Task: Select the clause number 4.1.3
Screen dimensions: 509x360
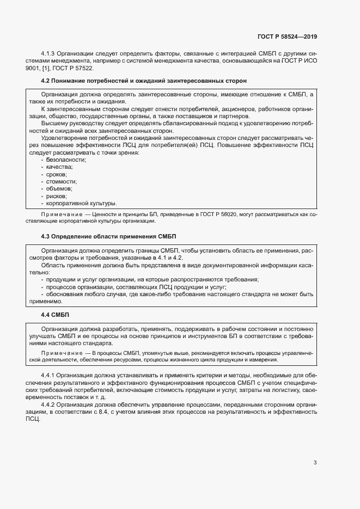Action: [x=50, y=54]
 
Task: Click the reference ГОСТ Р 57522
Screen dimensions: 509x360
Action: [x=75, y=69]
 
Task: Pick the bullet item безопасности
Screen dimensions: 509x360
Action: [x=66, y=160]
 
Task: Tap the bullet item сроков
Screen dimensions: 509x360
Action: [x=58, y=175]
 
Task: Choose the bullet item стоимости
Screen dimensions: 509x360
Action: [x=61, y=182]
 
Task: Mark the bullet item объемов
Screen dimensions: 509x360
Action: [x=59, y=189]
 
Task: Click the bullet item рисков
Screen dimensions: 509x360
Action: [x=57, y=196]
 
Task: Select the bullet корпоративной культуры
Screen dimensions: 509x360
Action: [x=82, y=203]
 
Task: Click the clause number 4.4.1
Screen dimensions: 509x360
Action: [x=50, y=376]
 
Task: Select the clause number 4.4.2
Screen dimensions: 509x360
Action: [x=50, y=404]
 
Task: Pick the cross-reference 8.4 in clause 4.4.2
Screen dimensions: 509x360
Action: [x=83, y=412]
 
